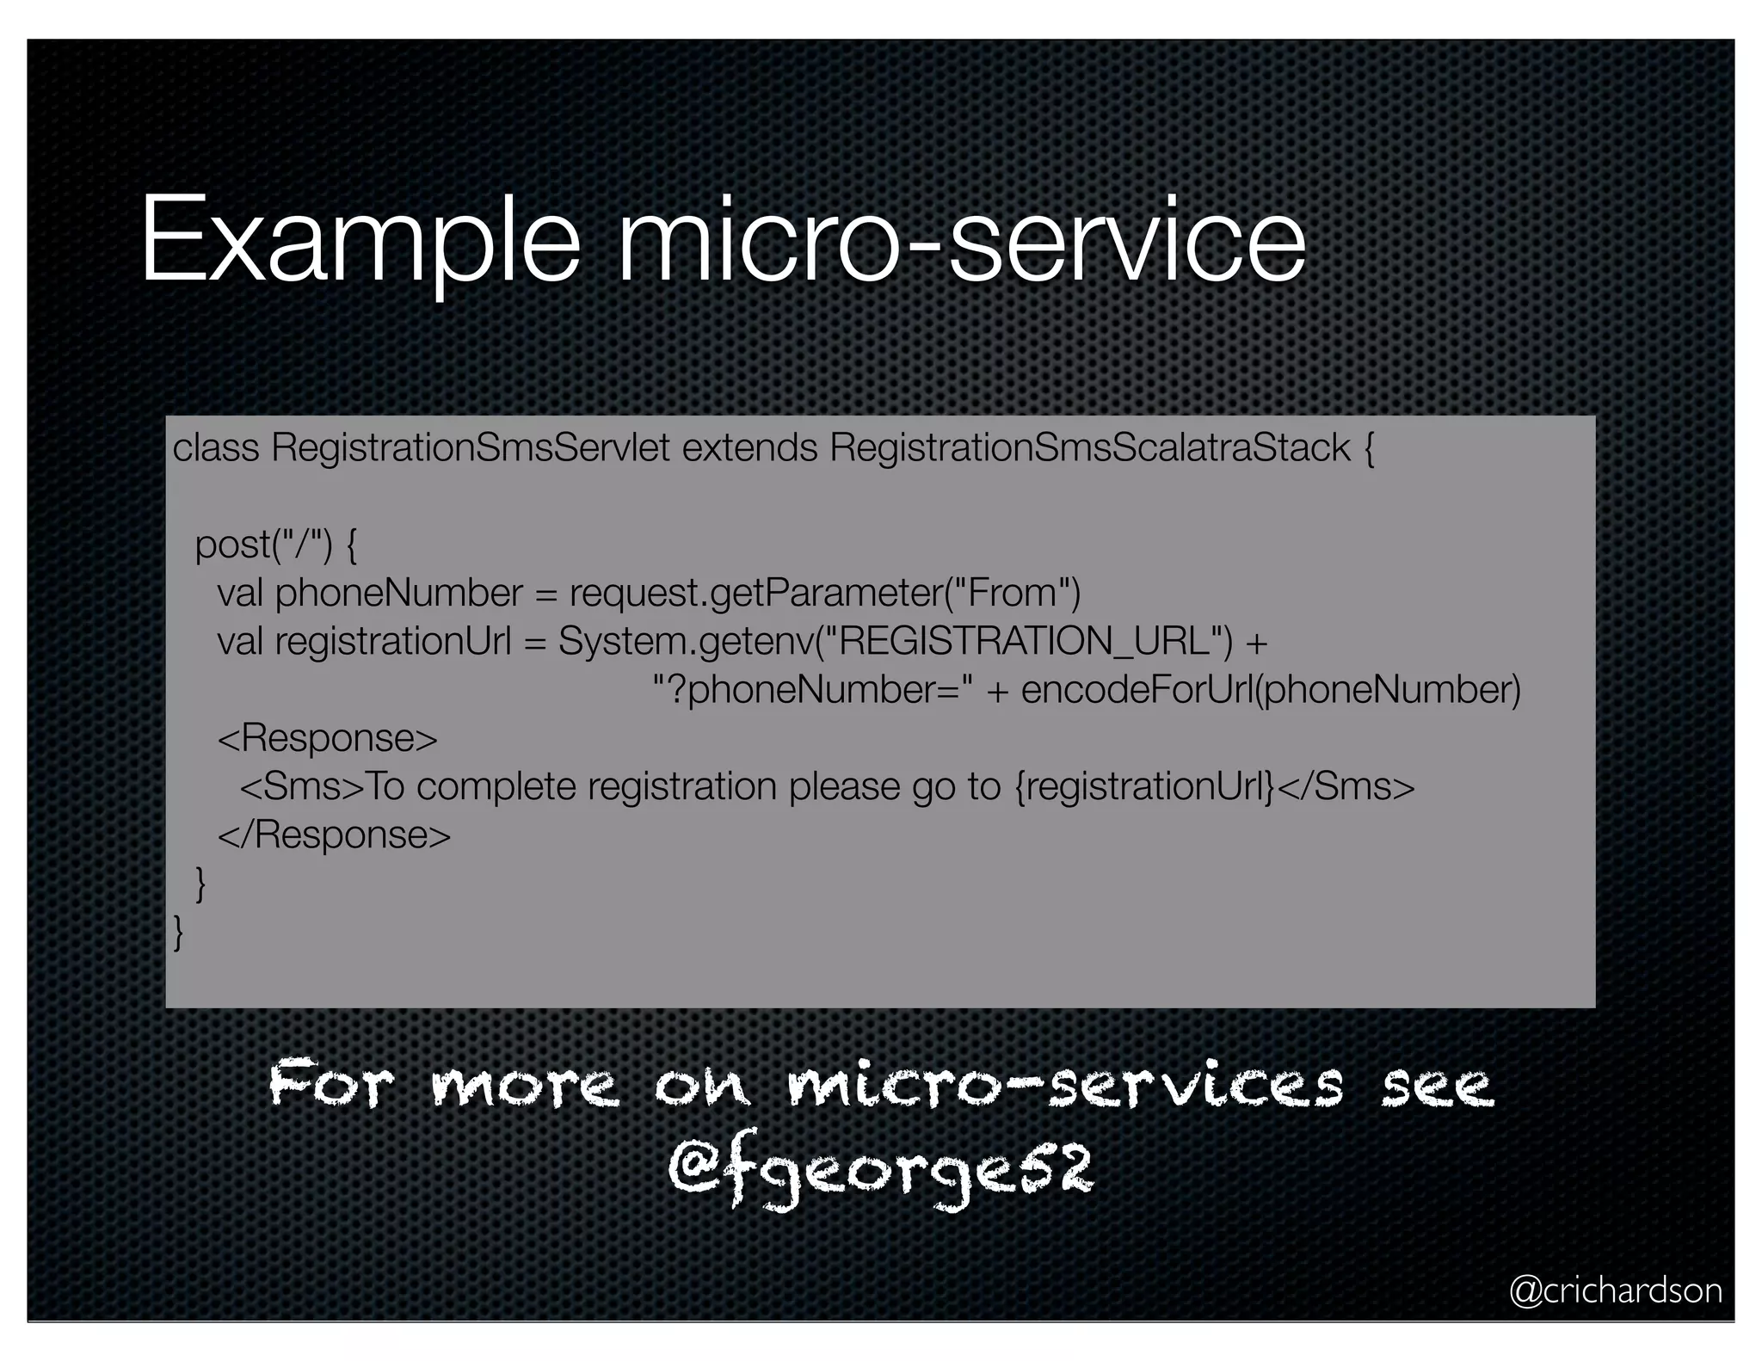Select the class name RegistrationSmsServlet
[x=470, y=448]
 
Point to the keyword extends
[x=749, y=448]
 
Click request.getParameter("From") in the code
[x=825, y=593]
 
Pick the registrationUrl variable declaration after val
[x=393, y=641]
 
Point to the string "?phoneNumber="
[x=814, y=689]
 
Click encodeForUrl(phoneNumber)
[x=1271, y=689]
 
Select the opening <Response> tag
[x=328, y=738]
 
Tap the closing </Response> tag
[x=335, y=834]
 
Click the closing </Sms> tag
[x=1346, y=786]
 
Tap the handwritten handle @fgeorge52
[x=879, y=1170]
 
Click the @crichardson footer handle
[x=1615, y=1290]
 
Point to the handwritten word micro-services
[x=1064, y=1085]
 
